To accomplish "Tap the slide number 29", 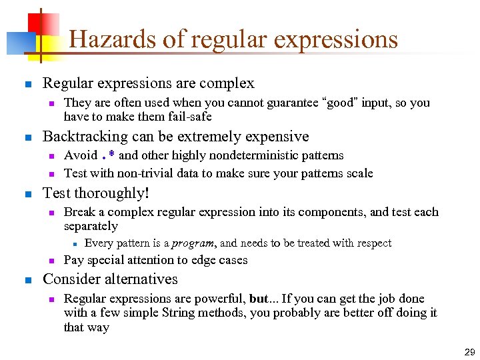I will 469,351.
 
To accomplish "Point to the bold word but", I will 258,299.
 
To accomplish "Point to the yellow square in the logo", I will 48,44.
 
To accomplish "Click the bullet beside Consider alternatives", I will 27,280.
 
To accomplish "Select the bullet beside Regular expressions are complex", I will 27,85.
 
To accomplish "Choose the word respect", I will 370,243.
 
